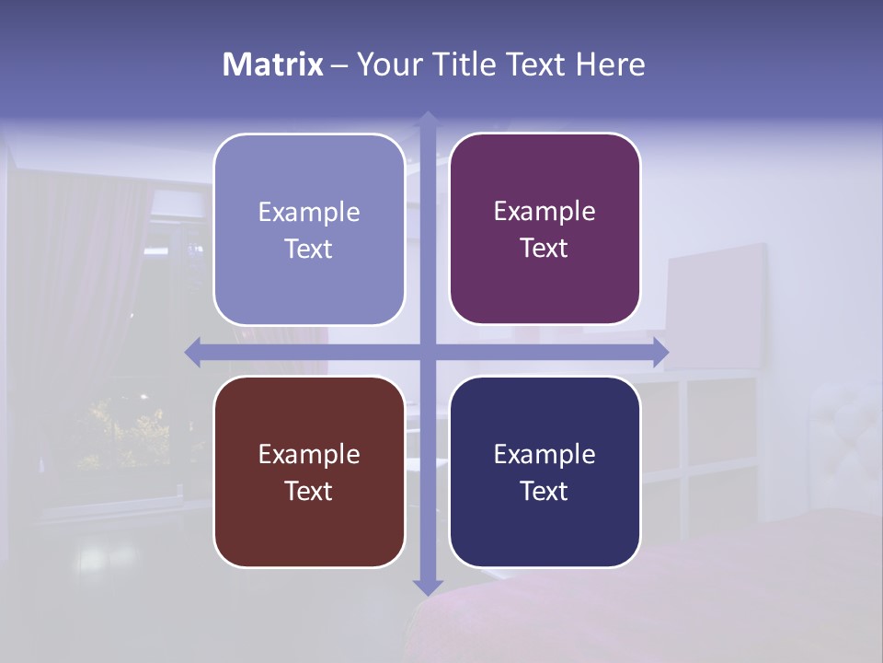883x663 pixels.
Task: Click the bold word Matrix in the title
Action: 273,64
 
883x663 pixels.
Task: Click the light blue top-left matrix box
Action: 309,229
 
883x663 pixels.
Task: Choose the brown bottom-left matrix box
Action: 309,471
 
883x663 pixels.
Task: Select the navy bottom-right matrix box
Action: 545,471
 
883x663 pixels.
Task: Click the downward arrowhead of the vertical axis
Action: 427,586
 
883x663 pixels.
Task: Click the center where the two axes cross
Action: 427,352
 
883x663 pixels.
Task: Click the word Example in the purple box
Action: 545,211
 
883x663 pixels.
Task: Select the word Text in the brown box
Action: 309,491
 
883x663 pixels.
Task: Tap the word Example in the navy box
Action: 545,454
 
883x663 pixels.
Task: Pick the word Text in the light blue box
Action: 309,250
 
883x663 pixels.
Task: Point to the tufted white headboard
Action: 844,433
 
